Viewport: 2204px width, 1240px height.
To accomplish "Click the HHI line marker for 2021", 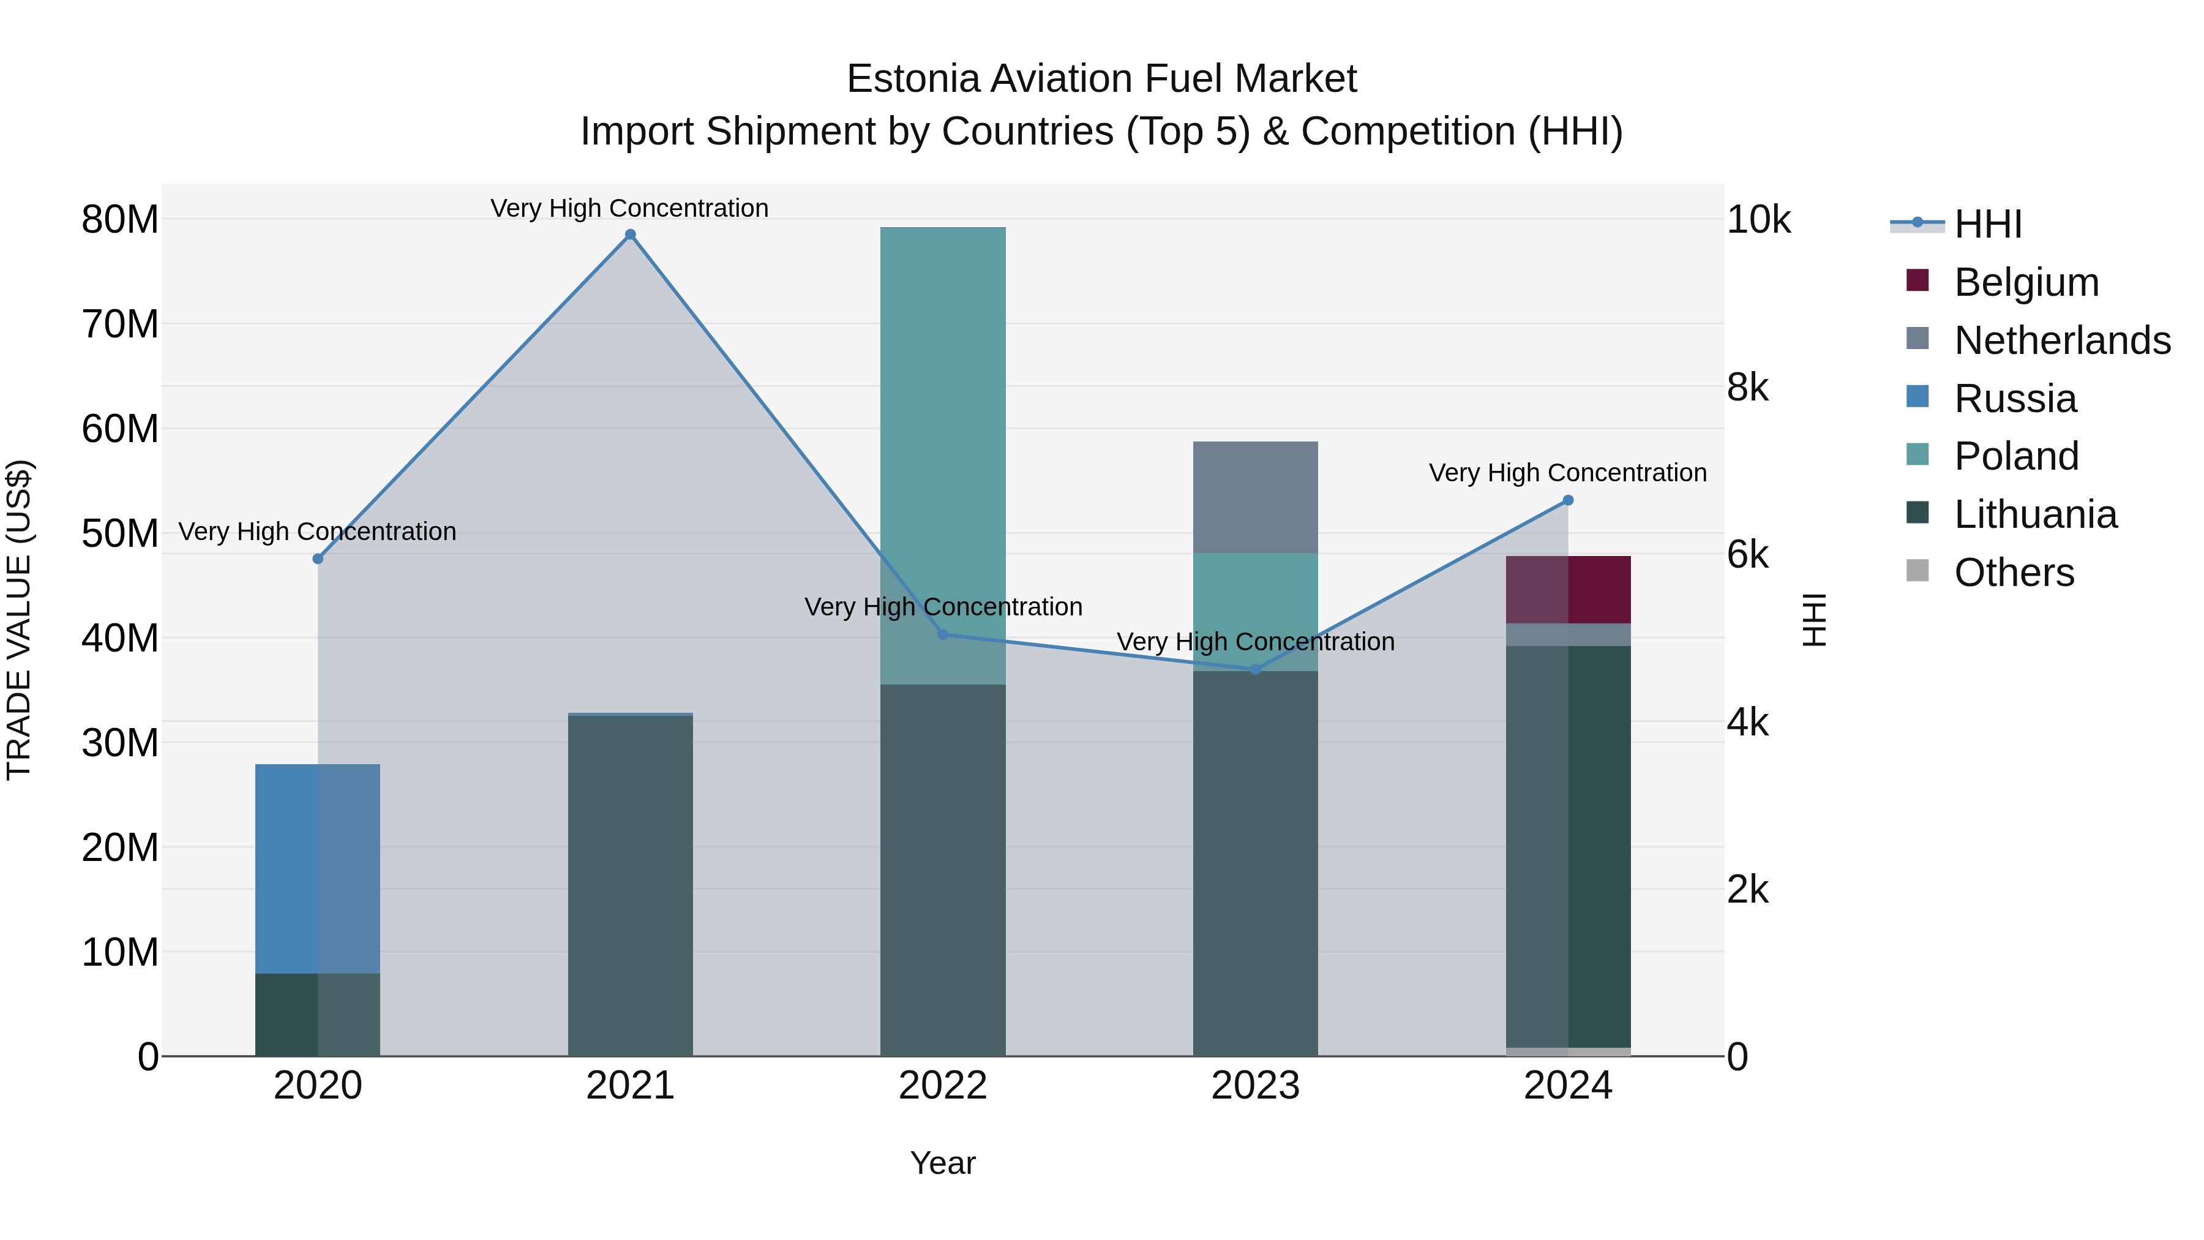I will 630,235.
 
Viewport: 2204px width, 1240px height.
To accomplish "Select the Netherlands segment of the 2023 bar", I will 1255,497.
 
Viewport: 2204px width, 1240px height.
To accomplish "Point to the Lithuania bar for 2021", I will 630,885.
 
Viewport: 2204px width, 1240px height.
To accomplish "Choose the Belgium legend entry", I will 2026,282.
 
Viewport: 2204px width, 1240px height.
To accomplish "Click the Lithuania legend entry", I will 2034,514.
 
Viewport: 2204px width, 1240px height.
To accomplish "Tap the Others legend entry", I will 2014,573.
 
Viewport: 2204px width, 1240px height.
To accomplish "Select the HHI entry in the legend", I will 1987,224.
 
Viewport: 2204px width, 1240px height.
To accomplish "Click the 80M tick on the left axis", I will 120,220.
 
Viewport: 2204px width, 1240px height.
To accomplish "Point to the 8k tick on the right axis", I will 1747,388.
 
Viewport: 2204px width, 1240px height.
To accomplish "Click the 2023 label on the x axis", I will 1255,1086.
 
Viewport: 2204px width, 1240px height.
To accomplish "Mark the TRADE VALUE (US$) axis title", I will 19,620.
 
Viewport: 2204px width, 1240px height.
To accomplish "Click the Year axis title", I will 943,1163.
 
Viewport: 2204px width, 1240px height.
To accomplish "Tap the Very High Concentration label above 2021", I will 630,208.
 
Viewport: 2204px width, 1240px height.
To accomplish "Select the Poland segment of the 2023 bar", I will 1255,612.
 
